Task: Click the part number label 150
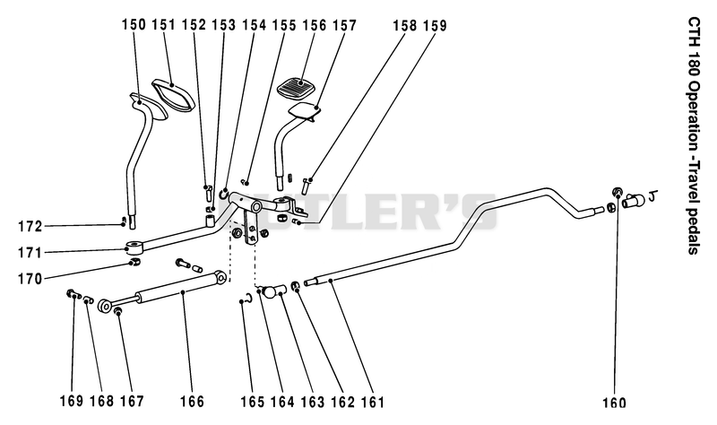[134, 24]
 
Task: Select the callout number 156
[315, 25]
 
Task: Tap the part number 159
[435, 26]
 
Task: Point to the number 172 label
[30, 226]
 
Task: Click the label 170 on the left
[30, 279]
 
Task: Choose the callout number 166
[192, 401]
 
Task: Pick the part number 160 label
[614, 403]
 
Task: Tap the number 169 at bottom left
[72, 401]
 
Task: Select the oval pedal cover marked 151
[173, 94]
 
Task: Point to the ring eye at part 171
[134, 248]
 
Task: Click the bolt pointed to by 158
[306, 186]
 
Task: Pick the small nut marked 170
[134, 262]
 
